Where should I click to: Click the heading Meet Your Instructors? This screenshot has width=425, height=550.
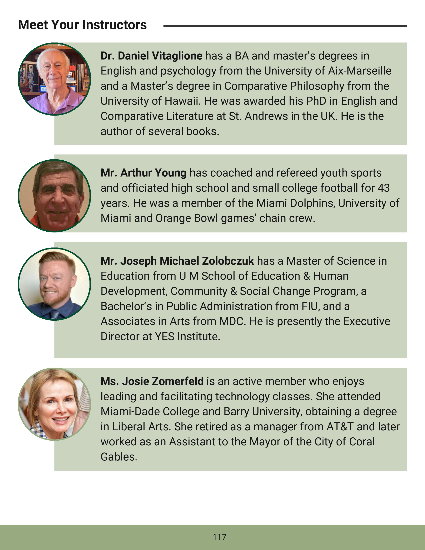click(x=82, y=25)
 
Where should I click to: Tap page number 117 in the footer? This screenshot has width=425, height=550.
click(x=219, y=537)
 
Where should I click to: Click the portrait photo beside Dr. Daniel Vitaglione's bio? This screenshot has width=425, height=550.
click(x=54, y=79)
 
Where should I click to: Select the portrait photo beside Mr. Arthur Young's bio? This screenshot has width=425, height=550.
click(x=54, y=196)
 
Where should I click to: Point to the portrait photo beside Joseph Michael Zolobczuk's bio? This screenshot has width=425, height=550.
click(x=54, y=284)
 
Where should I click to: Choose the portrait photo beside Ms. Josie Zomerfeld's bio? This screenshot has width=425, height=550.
click(x=54, y=404)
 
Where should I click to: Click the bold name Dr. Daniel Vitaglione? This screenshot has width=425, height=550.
click(x=151, y=56)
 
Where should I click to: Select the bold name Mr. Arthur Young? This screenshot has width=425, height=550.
click(x=143, y=173)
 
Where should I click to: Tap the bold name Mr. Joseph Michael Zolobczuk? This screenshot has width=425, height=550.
click(x=177, y=261)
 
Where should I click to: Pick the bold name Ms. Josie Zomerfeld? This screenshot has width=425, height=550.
click(x=152, y=381)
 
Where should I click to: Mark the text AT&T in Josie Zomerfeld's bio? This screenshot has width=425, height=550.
click(x=340, y=427)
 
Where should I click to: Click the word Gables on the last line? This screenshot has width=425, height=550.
click(x=119, y=457)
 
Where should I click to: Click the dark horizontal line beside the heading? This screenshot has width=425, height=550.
click(x=285, y=26)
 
